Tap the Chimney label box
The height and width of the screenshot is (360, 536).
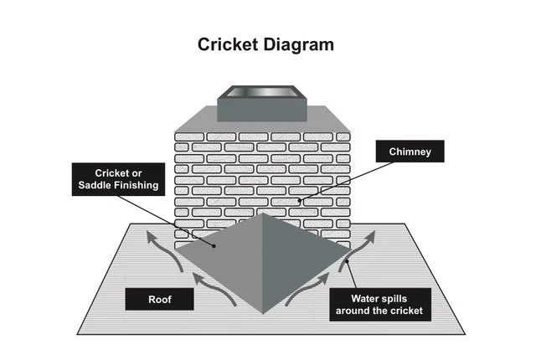(x=410, y=152)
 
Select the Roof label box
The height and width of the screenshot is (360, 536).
(x=159, y=297)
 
